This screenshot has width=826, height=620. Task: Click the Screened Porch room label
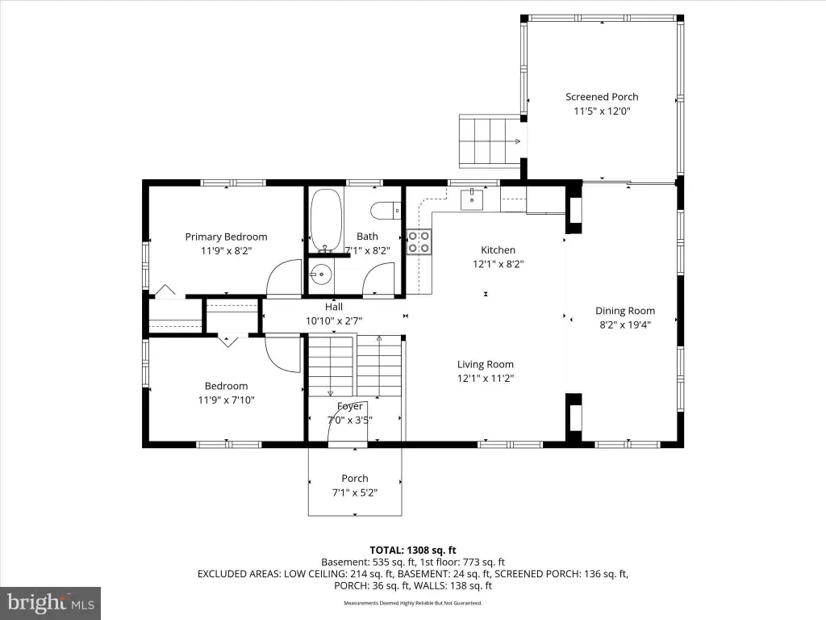602,97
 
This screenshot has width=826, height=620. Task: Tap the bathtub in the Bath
326,220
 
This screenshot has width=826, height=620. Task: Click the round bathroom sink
319,274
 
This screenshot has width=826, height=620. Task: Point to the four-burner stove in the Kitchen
419,241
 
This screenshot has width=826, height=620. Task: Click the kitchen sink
472,199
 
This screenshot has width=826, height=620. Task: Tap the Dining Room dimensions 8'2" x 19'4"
625,325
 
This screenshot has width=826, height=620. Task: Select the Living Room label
485,364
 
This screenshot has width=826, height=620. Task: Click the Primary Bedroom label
226,237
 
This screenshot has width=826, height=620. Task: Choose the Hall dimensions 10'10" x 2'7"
334,320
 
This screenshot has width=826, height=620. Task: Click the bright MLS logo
51,603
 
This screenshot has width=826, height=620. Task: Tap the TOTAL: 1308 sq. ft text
413,551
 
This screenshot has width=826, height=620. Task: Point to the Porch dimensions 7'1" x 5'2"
355,492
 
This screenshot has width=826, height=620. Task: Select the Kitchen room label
498,250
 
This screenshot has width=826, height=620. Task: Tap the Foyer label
350,407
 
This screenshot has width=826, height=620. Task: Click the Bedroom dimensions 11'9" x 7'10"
226,400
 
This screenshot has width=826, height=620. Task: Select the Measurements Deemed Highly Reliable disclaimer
413,603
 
